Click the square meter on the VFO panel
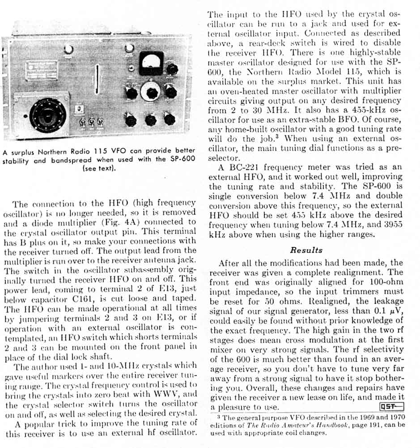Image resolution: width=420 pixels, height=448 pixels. point(151,63)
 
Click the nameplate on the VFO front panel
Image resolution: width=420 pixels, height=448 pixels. point(41,70)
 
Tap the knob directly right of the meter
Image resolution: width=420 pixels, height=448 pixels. point(172,69)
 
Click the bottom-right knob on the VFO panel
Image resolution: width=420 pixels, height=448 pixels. point(169,119)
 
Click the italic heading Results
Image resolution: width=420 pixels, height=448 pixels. point(306,250)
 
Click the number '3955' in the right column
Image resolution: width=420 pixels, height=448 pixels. point(393,225)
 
